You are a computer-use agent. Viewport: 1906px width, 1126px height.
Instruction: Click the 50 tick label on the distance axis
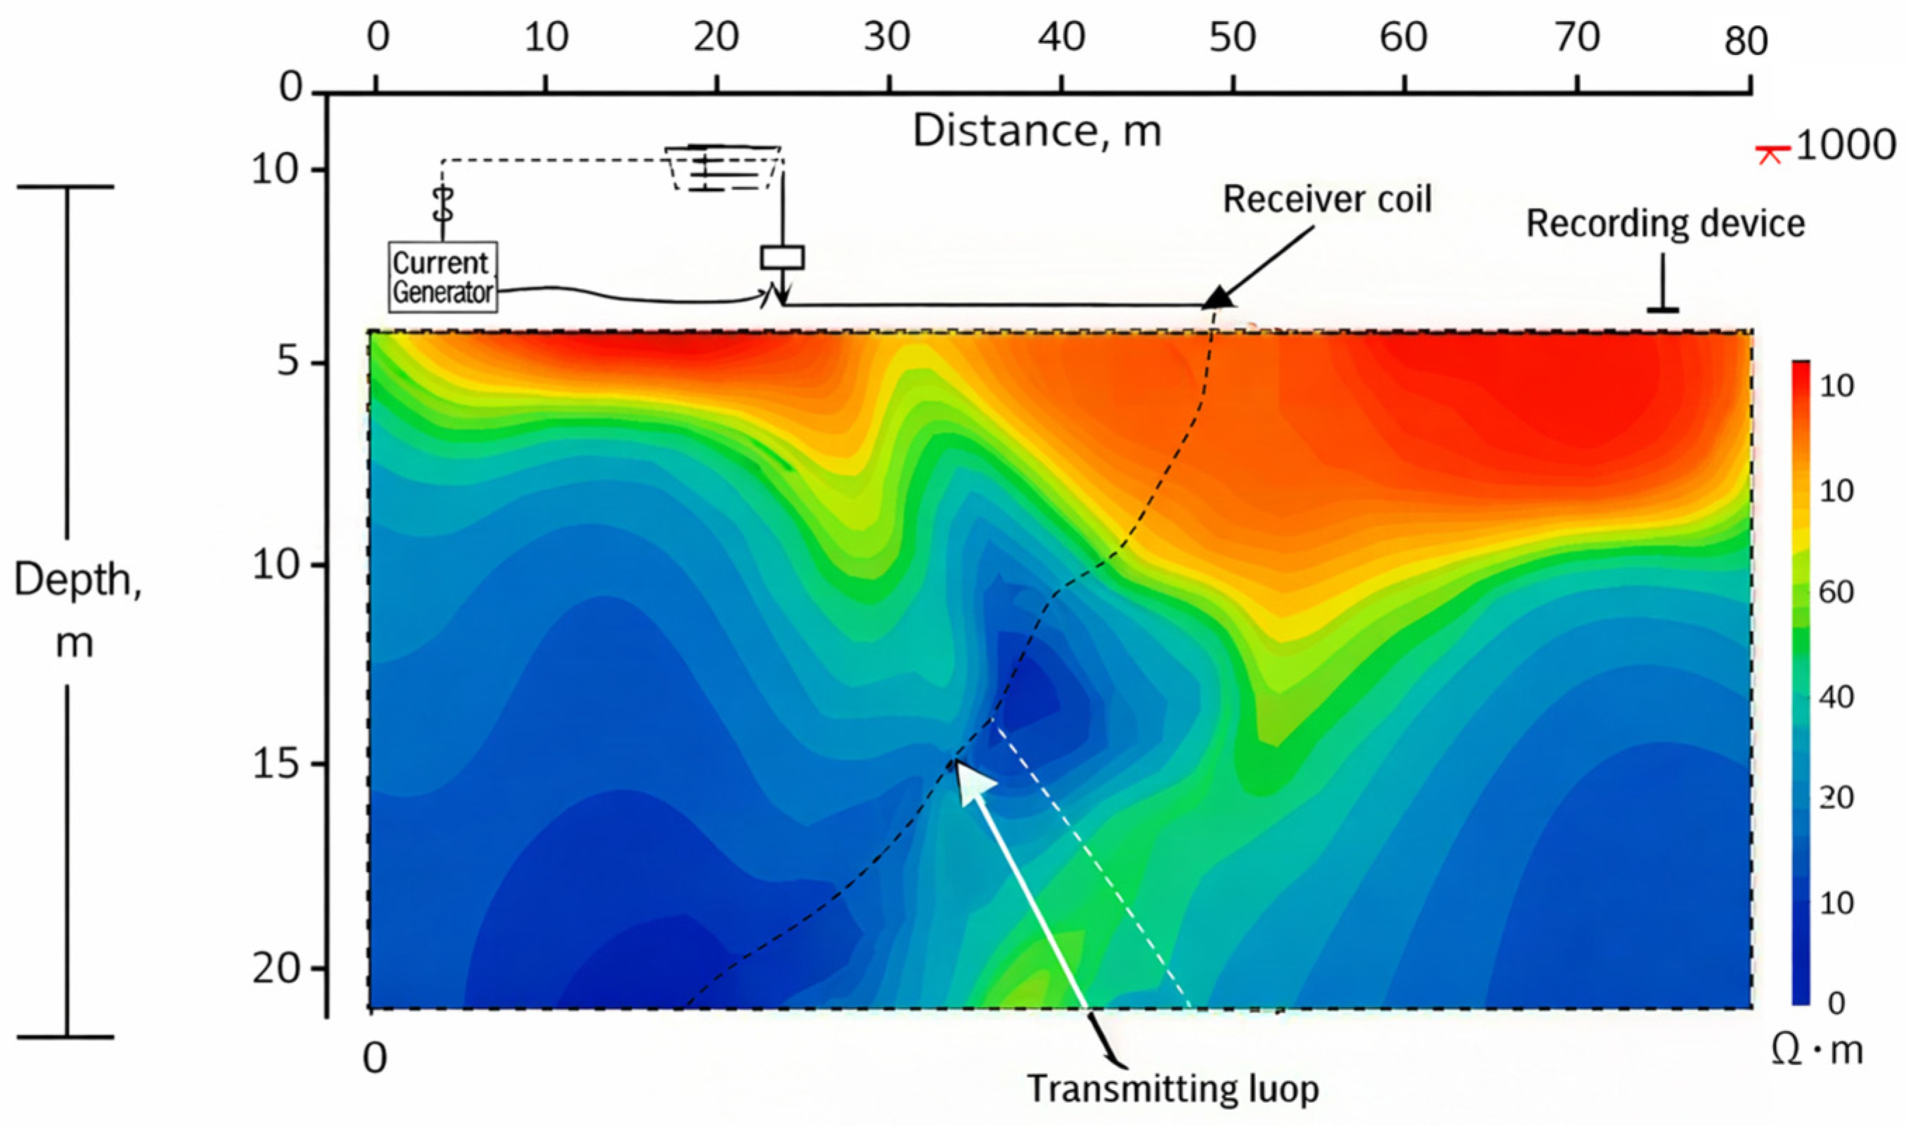(1232, 37)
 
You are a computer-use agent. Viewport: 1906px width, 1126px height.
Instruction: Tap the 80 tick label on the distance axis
(1746, 40)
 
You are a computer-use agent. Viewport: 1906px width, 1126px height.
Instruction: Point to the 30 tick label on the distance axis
(887, 37)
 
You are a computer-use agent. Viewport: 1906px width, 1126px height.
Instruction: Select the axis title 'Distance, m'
(1036, 131)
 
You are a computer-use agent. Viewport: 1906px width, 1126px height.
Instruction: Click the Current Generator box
(443, 277)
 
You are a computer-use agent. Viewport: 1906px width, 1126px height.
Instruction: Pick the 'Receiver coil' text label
(1328, 200)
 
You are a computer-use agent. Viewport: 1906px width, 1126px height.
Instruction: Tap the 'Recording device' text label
(1665, 223)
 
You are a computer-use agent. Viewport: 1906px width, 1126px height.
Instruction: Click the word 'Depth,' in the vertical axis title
(77, 581)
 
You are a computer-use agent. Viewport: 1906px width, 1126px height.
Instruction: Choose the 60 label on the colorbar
(1836, 593)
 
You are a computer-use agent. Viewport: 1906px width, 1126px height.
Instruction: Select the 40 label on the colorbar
(1836, 697)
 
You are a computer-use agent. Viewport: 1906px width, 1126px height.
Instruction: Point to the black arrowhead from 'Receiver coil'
(1219, 297)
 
